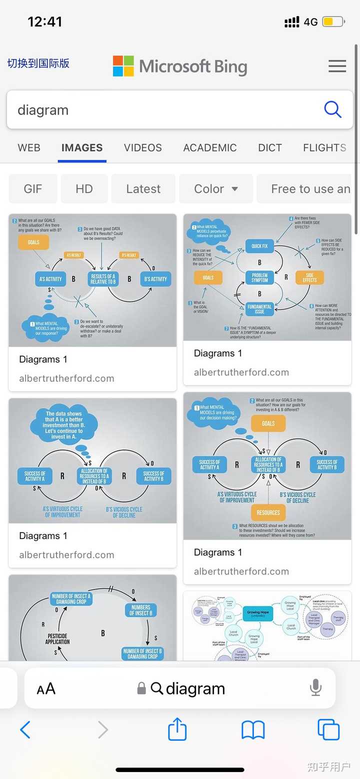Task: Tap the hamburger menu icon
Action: pyautogui.click(x=337, y=66)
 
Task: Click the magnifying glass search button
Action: pyautogui.click(x=332, y=109)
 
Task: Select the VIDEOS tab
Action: pyautogui.click(x=143, y=147)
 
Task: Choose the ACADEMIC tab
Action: pyautogui.click(x=210, y=147)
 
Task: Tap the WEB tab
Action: pyautogui.click(x=29, y=147)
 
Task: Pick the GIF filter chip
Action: pyautogui.click(x=33, y=189)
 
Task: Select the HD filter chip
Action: pyautogui.click(x=84, y=189)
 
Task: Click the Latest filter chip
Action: pyautogui.click(x=143, y=189)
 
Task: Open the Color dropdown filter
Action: pyautogui.click(x=216, y=189)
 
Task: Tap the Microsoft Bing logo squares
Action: pyautogui.click(x=123, y=66)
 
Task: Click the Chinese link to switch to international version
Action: pyautogui.click(x=38, y=63)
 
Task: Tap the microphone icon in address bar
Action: pyautogui.click(x=315, y=688)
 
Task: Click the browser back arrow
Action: pyautogui.click(x=25, y=730)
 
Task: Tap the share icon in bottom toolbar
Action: pyautogui.click(x=177, y=730)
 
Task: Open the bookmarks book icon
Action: pyautogui.click(x=253, y=730)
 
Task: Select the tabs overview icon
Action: pyautogui.click(x=328, y=730)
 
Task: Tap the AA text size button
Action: pyautogui.click(x=46, y=689)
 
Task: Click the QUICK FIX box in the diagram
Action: pyautogui.click(x=259, y=246)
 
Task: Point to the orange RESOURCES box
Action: pyautogui.click(x=268, y=512)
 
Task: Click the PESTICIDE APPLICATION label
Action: pyautogui.click(x=57, y=639)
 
